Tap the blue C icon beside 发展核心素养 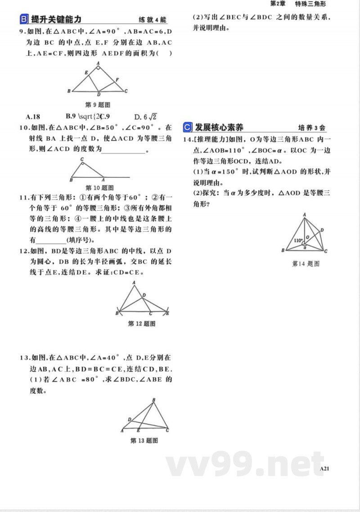pos(188,127)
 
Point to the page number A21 pos(324,468)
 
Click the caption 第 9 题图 pos(98,104)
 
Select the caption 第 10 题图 pos(99,188)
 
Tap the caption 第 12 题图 pos(142,323)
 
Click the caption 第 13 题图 pos(144,440)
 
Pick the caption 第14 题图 pos(306,263)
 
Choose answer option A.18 pos(33,116)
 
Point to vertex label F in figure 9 pos(117,80)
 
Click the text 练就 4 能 pos(153,20)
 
